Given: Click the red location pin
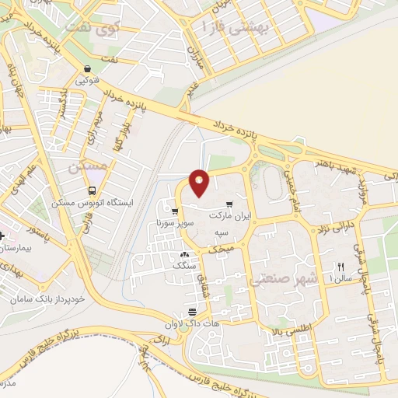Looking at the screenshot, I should pyautogui.click(x=199, y=183).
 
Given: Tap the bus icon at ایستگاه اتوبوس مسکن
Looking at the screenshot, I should pyautogui.click(x=93, y=190).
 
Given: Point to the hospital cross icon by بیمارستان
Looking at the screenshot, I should pyautogui.click(x=2, y=236).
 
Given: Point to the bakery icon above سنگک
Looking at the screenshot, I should pyautogui.click(x=184, y=255).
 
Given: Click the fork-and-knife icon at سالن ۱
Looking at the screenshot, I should pyautogui.click(x=340, y=266).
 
